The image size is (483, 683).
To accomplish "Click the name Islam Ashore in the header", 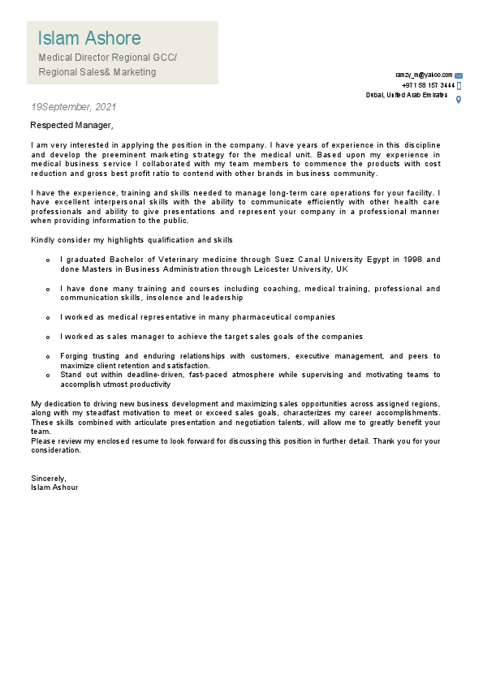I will [x=89, y=38].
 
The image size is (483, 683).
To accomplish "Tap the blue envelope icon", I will [x=459, y=75].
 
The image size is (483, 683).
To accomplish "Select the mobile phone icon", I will [x=459, y=85].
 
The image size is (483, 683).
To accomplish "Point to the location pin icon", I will [x=459, y=99].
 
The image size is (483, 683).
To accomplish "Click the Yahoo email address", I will [x=423, y=75].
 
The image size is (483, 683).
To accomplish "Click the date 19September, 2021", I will [x=73, y=107].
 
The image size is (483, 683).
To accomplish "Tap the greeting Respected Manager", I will [x=71, y=126].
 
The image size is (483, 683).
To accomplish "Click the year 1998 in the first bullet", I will [x=411, y=260].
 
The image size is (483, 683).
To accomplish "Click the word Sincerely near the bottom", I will [x=48, y=479].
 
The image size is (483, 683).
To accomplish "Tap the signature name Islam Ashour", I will [x=54, y=488].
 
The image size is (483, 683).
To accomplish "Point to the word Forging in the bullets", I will [x=75, y=356].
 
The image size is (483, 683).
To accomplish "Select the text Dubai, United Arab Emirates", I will [x=407, y=96].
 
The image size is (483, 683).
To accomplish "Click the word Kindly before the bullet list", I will [x=43, y=240].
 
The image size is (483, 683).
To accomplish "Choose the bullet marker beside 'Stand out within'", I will [x=49, y=376].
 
